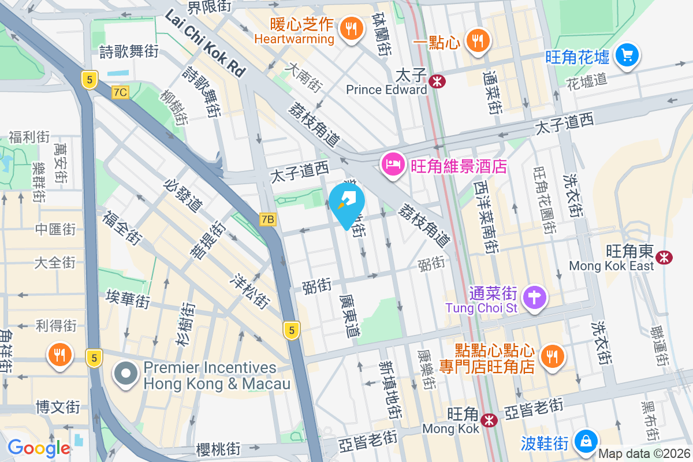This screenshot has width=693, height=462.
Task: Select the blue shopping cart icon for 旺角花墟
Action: (626, 55)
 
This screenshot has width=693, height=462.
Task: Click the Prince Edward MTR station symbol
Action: (437, 81)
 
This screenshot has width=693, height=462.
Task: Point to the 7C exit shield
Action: (121, 92)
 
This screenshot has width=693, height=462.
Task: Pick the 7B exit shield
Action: (267, 219)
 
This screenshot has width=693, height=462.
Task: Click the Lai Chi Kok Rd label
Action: (205, 44)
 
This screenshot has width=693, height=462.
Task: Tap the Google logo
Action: (39, 448)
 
